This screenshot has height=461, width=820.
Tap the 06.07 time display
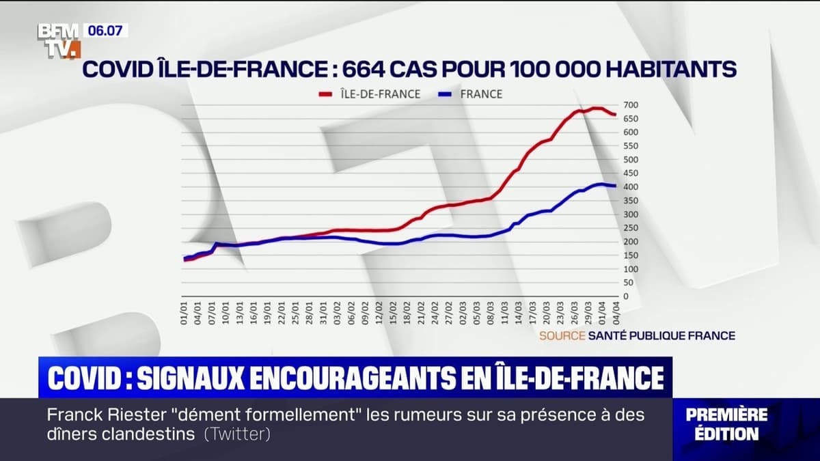point(106,30)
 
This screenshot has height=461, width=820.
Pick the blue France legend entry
point(471,94)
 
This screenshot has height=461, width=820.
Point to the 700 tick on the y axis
point(630,105)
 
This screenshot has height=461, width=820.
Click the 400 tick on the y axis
point(630,187)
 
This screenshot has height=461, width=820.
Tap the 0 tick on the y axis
point(625,296)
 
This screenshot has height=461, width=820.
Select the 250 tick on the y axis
point(630,228)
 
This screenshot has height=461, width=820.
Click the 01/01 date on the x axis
point(184,314)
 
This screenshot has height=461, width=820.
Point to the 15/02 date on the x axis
point(393,314)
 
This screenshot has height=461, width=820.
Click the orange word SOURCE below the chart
point(562,335)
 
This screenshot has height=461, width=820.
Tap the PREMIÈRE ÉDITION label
point(726,423)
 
